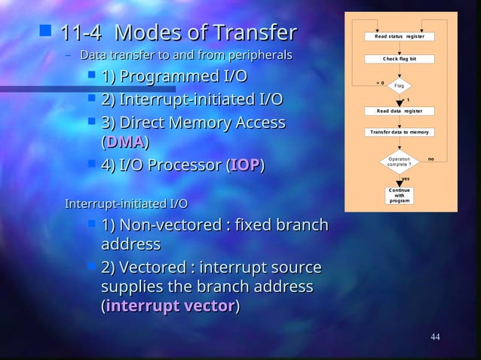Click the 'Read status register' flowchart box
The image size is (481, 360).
tap(399, 36)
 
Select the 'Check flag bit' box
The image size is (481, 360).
tap(399, 59)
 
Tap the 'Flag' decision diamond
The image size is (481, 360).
tap(399, 86)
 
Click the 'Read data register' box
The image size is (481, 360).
tap(399, 111)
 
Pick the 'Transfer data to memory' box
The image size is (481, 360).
tap(399, 132)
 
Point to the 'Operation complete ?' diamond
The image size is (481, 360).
tap(399, 161)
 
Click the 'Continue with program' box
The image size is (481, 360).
tap(399, 195)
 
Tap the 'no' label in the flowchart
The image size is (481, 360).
tap(431, 159)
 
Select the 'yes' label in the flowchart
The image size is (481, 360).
tap(406, 178)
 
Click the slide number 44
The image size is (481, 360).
tap(435, 337)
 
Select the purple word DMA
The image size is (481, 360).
tap(124, 142)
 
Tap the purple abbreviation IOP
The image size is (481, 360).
tap(246, 165)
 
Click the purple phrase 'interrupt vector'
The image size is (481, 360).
tap(170, 307)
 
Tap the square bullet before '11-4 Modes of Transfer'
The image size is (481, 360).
tap(45, 32)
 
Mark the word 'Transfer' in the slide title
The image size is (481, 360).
tap(255, 34)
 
